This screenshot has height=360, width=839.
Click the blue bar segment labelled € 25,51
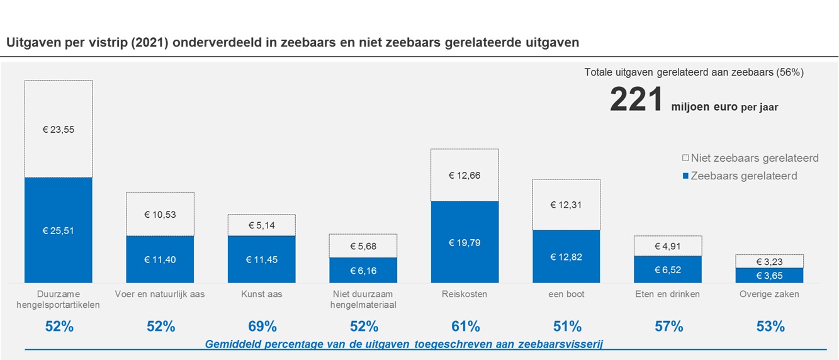click(59, 230)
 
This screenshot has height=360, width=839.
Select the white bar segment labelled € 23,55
click(59, 129)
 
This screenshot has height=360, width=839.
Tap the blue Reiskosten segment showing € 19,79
click(465, 242)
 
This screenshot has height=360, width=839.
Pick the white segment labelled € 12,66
click(465, 175)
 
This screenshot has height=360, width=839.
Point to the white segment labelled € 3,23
click(769, 261)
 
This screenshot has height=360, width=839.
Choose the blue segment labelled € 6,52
click(668, 269)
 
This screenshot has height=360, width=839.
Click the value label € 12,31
click(566, 205)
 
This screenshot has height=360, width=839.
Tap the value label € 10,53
click(160, 214)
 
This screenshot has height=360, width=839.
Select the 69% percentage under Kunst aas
click(262, 327)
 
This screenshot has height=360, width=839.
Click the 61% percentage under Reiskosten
click(465, 327)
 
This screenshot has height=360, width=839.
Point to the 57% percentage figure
click(668, 327)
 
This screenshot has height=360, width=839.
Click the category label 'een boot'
click(566, 294)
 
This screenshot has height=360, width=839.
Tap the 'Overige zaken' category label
click(770, 294)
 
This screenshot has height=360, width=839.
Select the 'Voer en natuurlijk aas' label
click(160, 294)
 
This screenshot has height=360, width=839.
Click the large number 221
click(636, 101)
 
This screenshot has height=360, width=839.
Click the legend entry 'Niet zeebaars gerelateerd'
click(754, 158)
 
